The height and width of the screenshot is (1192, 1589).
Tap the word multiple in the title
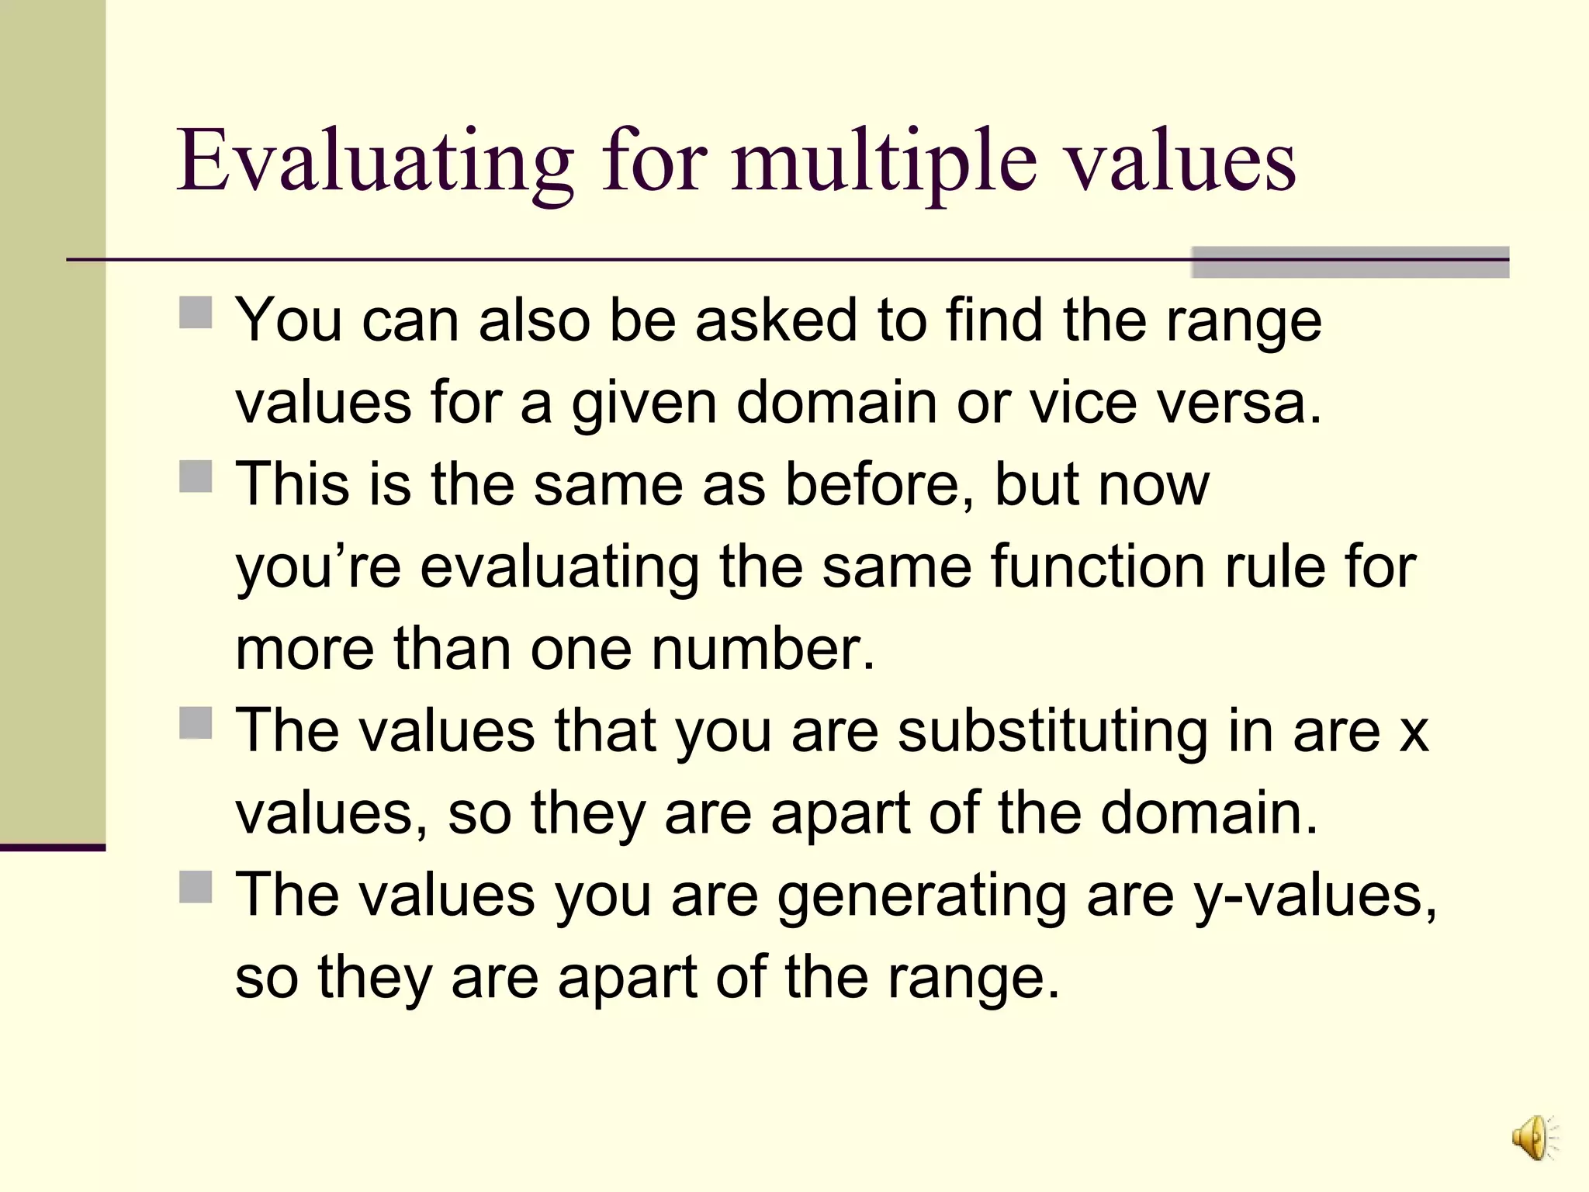coord(884,161)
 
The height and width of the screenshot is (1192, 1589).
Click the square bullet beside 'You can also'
coord(196,313)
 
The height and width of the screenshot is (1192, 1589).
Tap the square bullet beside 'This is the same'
coord(196,476)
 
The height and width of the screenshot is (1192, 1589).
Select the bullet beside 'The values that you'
coord(196,722)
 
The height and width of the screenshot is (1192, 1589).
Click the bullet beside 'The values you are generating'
coord(196,886)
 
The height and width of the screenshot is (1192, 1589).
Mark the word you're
coord(318,567)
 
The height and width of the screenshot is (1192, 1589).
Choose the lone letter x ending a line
coord(1414,733)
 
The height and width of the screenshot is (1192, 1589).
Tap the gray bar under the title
coord(1349,262)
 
